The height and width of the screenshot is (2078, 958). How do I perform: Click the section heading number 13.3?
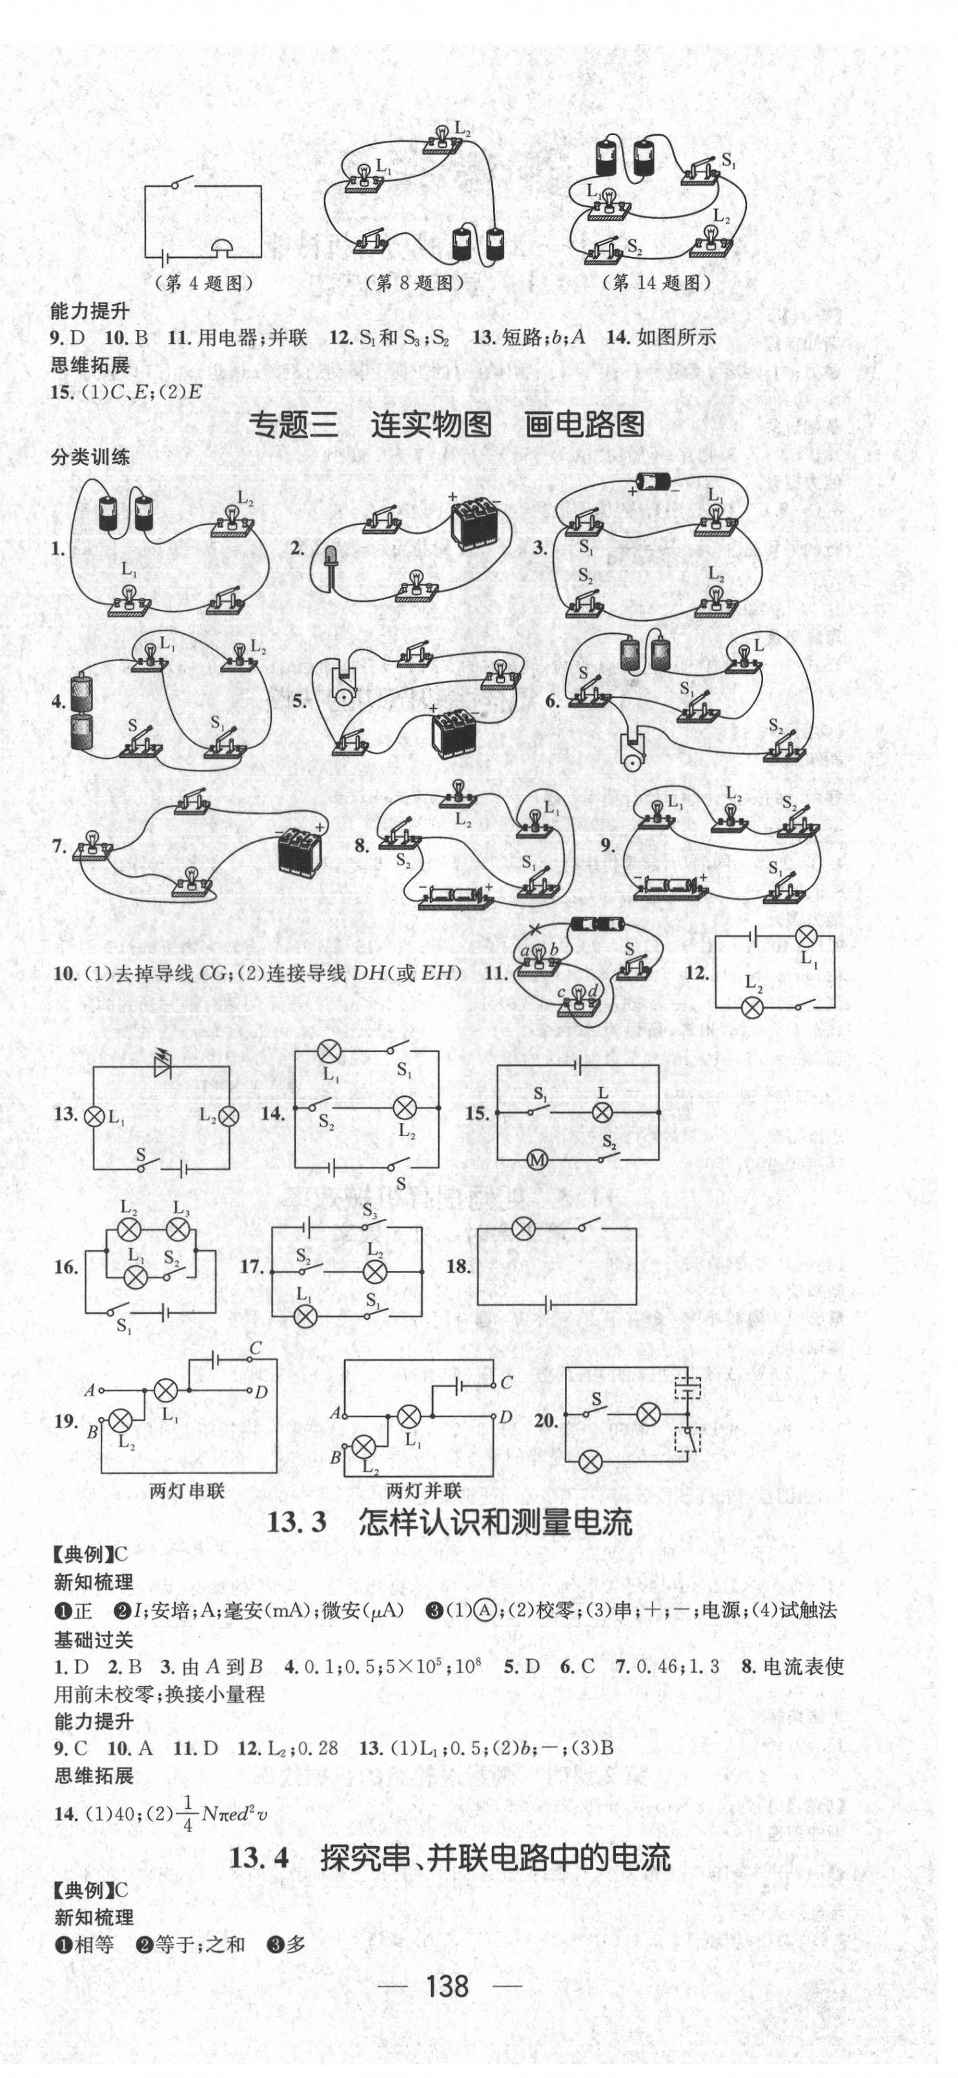(x=297, y=1522)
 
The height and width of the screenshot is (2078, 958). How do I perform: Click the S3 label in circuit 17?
(x=370, y=1211)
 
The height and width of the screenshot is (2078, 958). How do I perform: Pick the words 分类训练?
(x=90, y=458)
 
